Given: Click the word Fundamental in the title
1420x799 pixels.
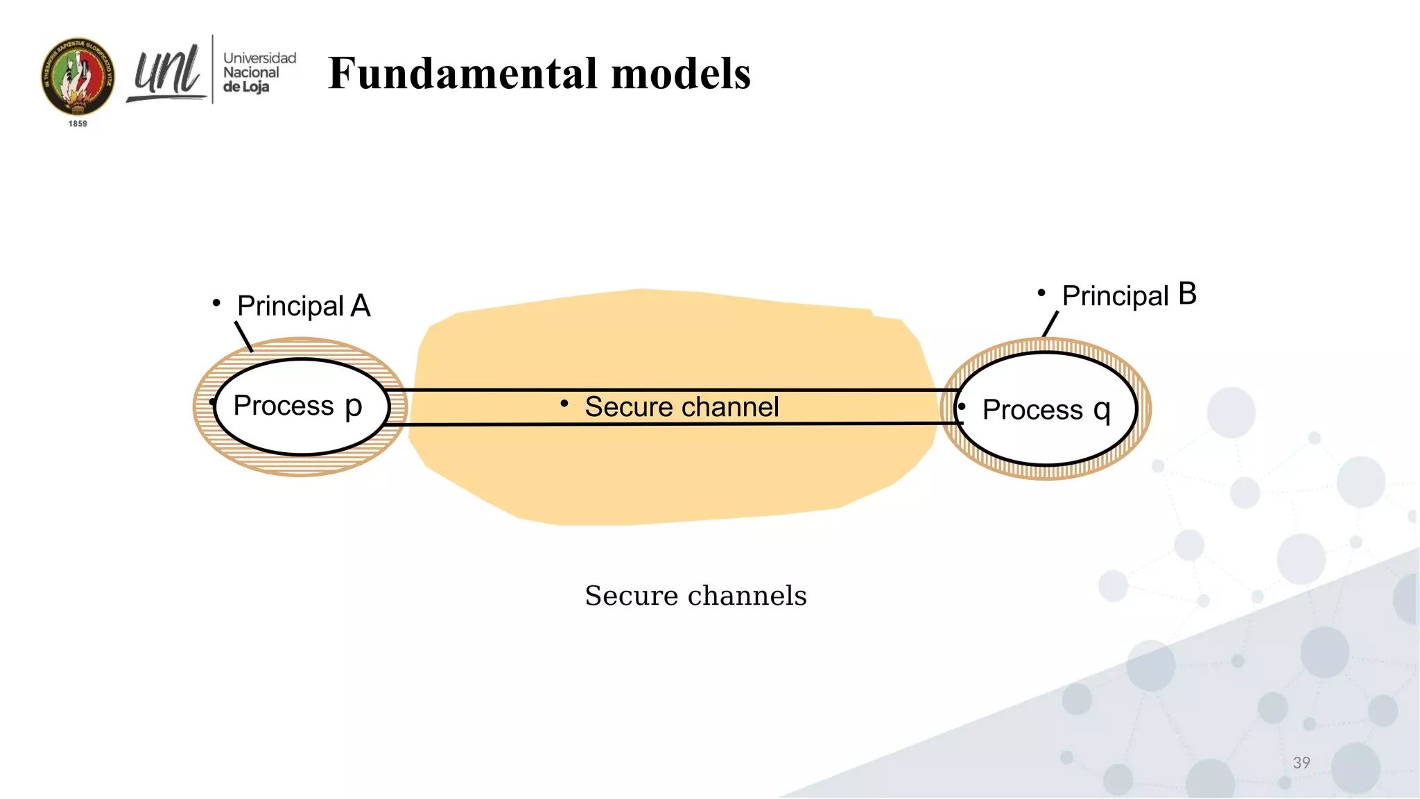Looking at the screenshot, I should click(462, 74).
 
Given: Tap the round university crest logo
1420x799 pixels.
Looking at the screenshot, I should click(78, 76).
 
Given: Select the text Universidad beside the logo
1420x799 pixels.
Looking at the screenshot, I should click(259, 58).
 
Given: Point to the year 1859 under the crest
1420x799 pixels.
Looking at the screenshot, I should click(78, 123).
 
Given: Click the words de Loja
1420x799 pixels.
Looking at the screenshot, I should click(246, 87).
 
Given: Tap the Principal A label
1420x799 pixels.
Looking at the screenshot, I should click(304, 306).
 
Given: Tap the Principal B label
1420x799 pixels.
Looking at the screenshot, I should click(1129, 295).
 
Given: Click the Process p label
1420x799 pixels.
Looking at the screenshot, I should click(297, 406).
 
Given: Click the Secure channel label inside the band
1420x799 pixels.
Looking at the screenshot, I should click(682, 407).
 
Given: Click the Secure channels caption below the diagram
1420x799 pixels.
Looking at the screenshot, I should click(695, 595).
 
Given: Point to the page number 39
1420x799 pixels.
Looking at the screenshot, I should click(1301, 763).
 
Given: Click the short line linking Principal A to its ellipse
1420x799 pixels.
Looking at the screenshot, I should click(243, 336).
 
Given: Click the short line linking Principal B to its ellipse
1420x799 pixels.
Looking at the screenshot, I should click(1050, 324).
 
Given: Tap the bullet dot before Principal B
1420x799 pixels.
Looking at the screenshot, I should click(1041, 293).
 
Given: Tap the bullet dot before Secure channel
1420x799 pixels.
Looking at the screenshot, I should click(564, 403).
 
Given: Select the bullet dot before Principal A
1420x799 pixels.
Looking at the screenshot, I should click(216, 303).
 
